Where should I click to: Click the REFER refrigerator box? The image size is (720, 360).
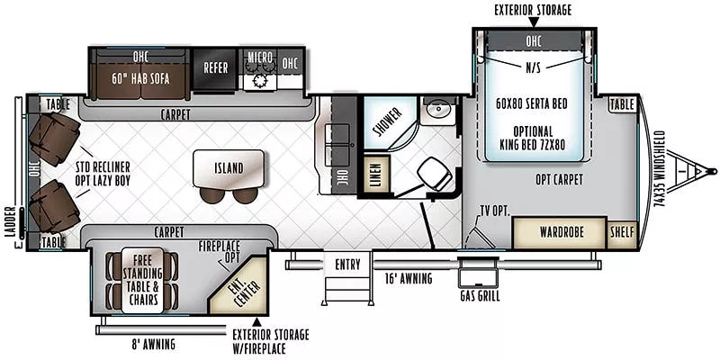[215, 68]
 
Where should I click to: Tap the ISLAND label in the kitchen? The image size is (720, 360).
[229, 168]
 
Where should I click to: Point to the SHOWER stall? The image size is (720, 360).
[388, 122]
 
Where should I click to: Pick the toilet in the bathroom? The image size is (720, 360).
[434, 174]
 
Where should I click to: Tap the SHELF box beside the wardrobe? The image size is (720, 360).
[622, 232]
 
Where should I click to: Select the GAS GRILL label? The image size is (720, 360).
[480, 296]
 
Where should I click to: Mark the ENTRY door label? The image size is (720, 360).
[347, 265]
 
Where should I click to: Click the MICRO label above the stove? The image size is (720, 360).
[260, 58]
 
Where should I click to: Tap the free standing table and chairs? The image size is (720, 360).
[142, 281]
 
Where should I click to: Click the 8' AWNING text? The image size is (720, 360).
[152, 344]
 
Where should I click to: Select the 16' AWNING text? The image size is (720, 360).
[409, 278]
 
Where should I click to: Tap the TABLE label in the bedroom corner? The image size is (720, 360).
[622, 104]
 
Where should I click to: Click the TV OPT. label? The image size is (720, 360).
[495, 211]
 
